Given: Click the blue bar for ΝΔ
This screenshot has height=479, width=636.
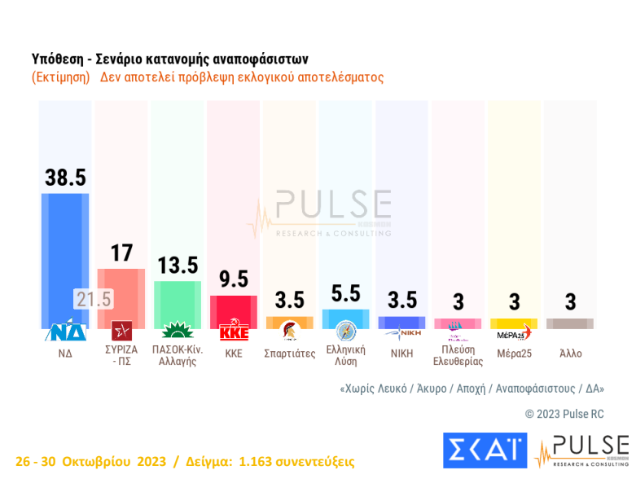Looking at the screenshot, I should pyautogui.click(x=65, y=261).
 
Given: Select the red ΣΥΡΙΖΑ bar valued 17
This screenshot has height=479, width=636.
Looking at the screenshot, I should pyautogui.click(x=121, y=298).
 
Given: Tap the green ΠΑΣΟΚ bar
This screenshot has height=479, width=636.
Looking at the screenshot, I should pyautogui.click(x=178, y=305).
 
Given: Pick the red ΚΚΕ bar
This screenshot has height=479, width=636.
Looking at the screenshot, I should pyautogui.click(x=234, y=312).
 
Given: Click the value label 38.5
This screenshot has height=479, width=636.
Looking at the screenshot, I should pyautogui.click(x=65, y=177).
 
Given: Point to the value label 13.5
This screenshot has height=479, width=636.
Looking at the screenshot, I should pyautogui.click(x=178, y=266).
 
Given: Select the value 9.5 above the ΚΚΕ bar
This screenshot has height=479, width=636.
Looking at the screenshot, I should pyautogui.click(x=234, y=279).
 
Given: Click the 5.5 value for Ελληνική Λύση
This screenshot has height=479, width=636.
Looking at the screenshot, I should pyautogui.click(x=346, y=293).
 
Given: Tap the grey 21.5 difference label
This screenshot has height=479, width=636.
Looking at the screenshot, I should pyautogui.click(x=93, y=299).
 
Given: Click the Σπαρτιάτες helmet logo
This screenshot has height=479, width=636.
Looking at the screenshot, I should pyautogui.click(x=289, y=332).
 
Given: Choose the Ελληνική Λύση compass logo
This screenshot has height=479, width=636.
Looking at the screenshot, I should pyautogui.click(x=346, y=332).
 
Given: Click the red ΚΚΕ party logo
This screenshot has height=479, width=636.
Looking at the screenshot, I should pyautogui.click(x=234, y=332).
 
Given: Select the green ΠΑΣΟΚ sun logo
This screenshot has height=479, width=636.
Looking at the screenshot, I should pyautogui.click(x=178, y=332).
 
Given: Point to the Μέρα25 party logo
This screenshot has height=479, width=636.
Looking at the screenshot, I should pyautogui.click(x=514, y=332).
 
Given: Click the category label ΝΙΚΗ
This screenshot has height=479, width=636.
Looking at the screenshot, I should pyautogui.click(x=402, y=354).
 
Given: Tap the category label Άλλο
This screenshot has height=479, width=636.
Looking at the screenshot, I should pyautogui.click(x=571, y=354).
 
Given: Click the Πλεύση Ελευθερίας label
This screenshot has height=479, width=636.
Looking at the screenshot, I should pyautogui.click(x=458, y=355).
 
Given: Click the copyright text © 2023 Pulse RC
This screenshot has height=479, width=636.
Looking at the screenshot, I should pyautogui.click(x=564, y=414).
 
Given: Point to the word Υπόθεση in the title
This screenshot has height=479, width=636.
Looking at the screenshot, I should pyautogui.click(x=58, y=59).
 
